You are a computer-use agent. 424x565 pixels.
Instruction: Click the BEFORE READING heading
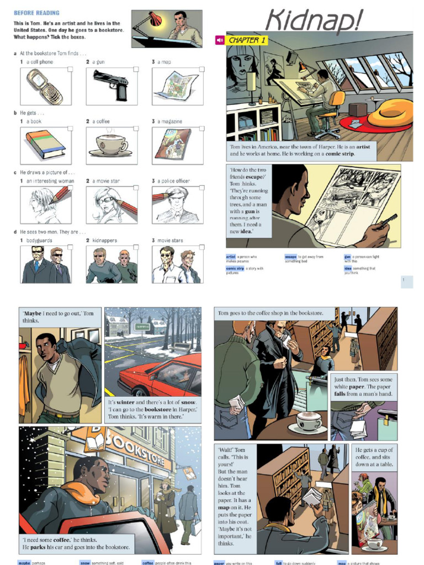[36, 13]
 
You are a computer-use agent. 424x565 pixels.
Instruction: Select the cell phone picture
[45, 87]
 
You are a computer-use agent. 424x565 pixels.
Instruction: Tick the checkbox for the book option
[70, 129]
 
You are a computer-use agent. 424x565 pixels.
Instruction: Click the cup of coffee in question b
[111, 145]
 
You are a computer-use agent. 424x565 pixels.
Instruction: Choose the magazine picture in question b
[173, 144]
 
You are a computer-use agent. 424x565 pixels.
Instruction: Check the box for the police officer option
[202, 188]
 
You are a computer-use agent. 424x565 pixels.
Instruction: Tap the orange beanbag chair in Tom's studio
[390, 113]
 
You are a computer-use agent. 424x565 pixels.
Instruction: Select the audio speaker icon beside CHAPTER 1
[220, 40]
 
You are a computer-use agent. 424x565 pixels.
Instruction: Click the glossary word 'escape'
[291, 257]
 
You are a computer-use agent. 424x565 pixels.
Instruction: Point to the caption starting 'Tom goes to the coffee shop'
[271, 313]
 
